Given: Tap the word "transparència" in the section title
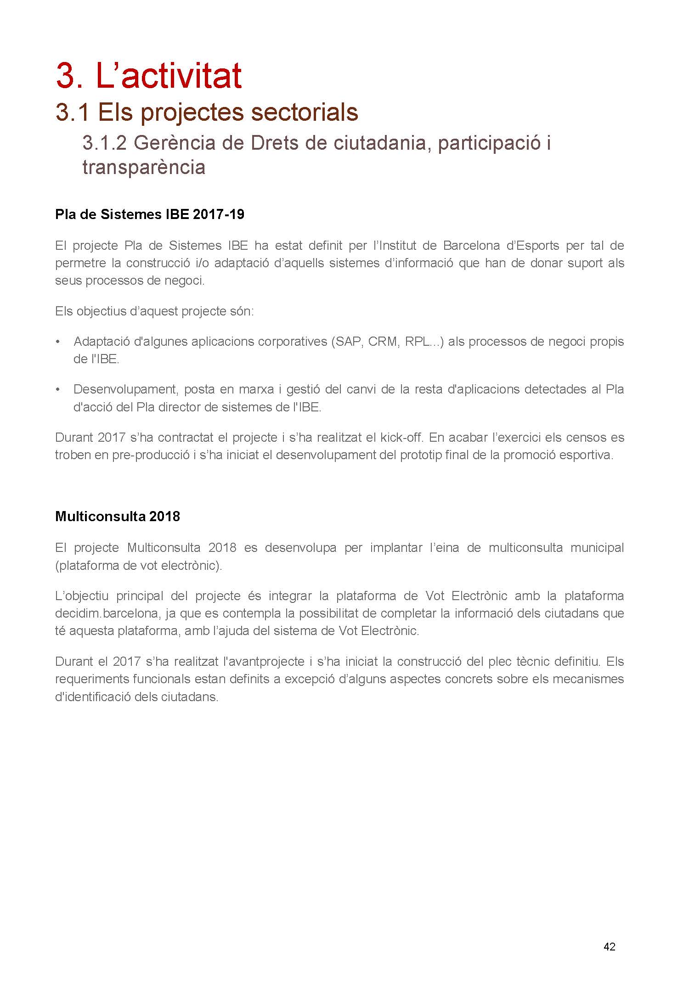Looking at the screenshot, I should pos(144,168).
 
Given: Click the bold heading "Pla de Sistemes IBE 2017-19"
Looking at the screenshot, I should pos(150,214).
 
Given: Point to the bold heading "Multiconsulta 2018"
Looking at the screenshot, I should pos(118,517).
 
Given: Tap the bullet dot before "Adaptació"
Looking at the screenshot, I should pos(57,342).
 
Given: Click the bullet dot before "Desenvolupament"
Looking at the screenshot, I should pos(57,390).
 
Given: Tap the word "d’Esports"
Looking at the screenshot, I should pos(532,246).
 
